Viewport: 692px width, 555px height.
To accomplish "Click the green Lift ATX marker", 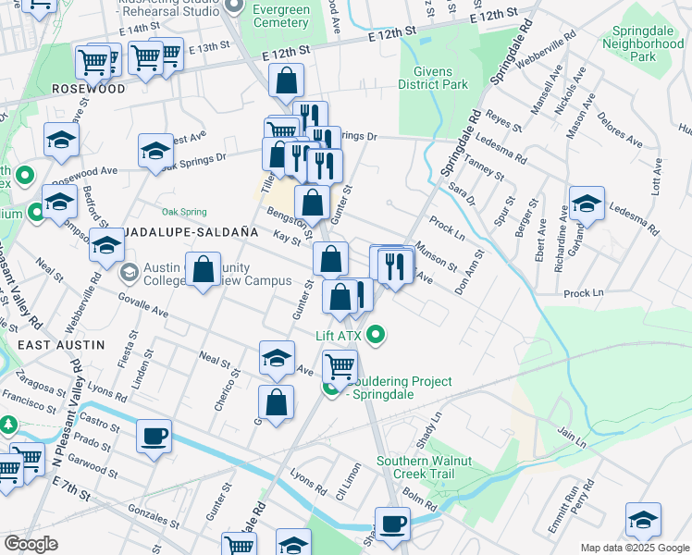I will pos(376,335).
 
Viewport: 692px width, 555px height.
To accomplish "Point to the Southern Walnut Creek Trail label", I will pos(424,468).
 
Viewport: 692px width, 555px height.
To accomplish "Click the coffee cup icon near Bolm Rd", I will pos(392,524).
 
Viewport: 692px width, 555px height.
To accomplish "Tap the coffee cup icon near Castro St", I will pos(154,436).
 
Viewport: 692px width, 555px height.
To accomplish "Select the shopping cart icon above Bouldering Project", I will pos(340,366).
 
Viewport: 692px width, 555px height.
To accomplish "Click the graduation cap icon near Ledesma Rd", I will pos(587,203).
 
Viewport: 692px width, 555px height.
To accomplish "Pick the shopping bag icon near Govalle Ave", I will pos(203,269).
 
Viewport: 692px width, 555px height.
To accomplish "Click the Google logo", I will pos(31,544).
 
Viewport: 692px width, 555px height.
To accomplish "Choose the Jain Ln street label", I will pos(574,433).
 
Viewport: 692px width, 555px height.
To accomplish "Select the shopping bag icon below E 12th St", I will pos(287,80).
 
